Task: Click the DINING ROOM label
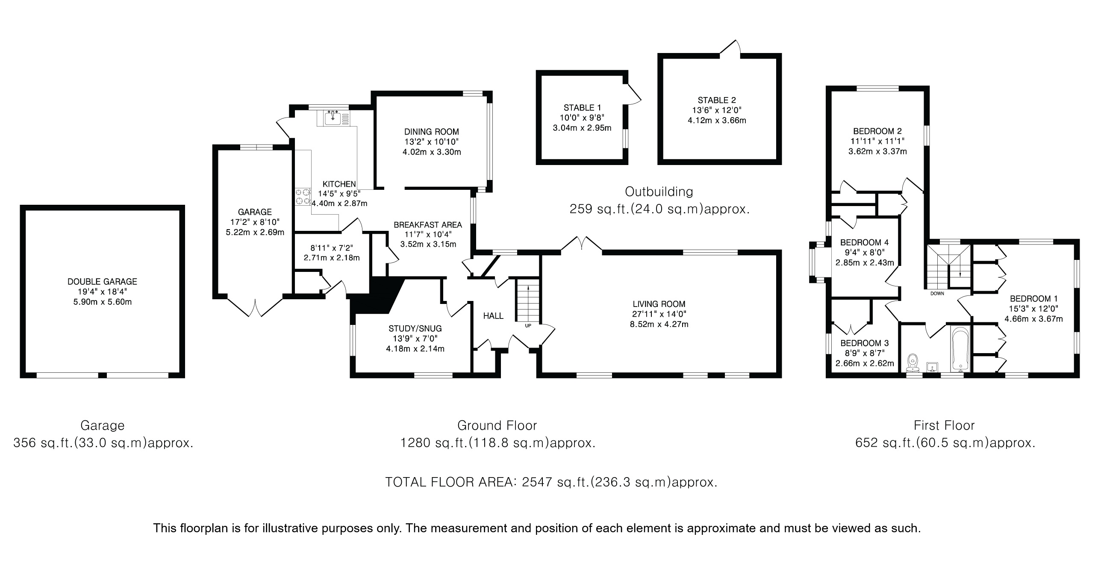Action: (431, 132)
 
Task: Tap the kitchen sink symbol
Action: (333, 117)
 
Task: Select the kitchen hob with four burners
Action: (303, 197)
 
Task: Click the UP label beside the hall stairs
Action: (528, 326)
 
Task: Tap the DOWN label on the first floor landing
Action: (937, 294)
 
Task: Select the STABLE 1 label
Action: (582, 108)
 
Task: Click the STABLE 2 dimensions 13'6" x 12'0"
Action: (717, 110)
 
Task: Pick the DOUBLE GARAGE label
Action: (102, 281)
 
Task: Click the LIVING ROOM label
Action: (659, 304)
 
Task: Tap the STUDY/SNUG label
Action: (415, 329)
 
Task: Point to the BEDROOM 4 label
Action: (864, 242)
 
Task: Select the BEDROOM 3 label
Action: (864, 343)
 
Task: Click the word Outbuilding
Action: (659, 191)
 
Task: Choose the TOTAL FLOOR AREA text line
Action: (551, 482)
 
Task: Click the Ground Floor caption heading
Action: (497, 425)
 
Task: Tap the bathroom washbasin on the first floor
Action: (933, 367)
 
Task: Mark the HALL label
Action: (493, 316)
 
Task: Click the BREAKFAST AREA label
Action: (427, 225)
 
